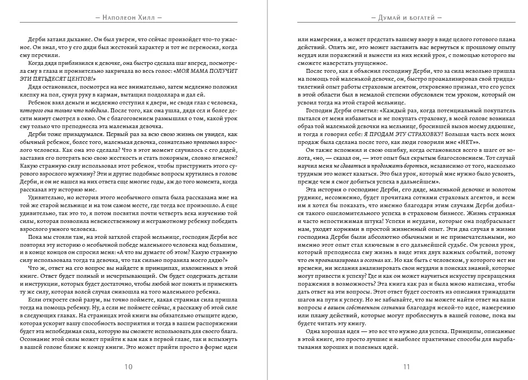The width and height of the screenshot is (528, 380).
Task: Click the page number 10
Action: pos(129,366)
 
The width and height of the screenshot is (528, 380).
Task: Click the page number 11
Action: pos(406,366)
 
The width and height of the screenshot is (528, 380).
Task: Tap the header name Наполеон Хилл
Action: pos(129,18)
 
